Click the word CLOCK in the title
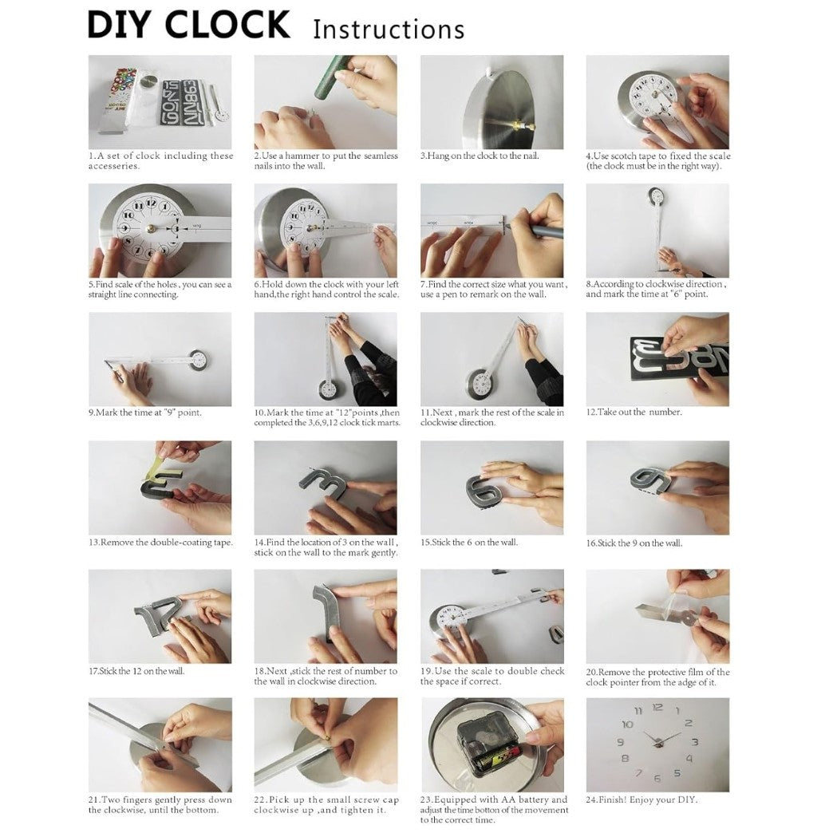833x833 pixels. coord(227,25)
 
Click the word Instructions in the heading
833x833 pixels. coord(389,30)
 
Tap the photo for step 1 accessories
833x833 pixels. coord(160,101)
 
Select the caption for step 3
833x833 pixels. coord(480,156)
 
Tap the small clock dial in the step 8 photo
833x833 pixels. coord(656,195)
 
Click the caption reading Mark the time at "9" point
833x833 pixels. coord(145,413)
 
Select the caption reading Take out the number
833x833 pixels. coord(634,413)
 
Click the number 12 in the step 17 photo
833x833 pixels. coord(156,618)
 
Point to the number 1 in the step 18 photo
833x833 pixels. coord(328,610)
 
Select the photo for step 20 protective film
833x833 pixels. coord(657,616)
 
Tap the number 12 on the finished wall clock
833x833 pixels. coord(657,707)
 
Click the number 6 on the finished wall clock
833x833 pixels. coord(657,778)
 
